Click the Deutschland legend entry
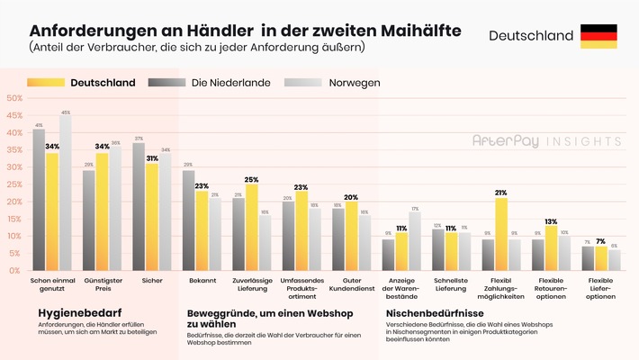pos(103,83)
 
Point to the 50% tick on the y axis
pos(13,98)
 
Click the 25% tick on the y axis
pos(13,184)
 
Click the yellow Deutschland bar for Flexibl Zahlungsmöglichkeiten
pos(501,234)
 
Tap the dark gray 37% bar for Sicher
pos(139,206)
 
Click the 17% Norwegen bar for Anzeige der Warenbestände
pos(414,241)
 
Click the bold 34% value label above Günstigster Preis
pos(102,146)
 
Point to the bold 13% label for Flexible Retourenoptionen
pos(551,220)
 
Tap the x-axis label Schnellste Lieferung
pos(451,287)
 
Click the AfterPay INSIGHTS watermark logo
pos(546,141)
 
